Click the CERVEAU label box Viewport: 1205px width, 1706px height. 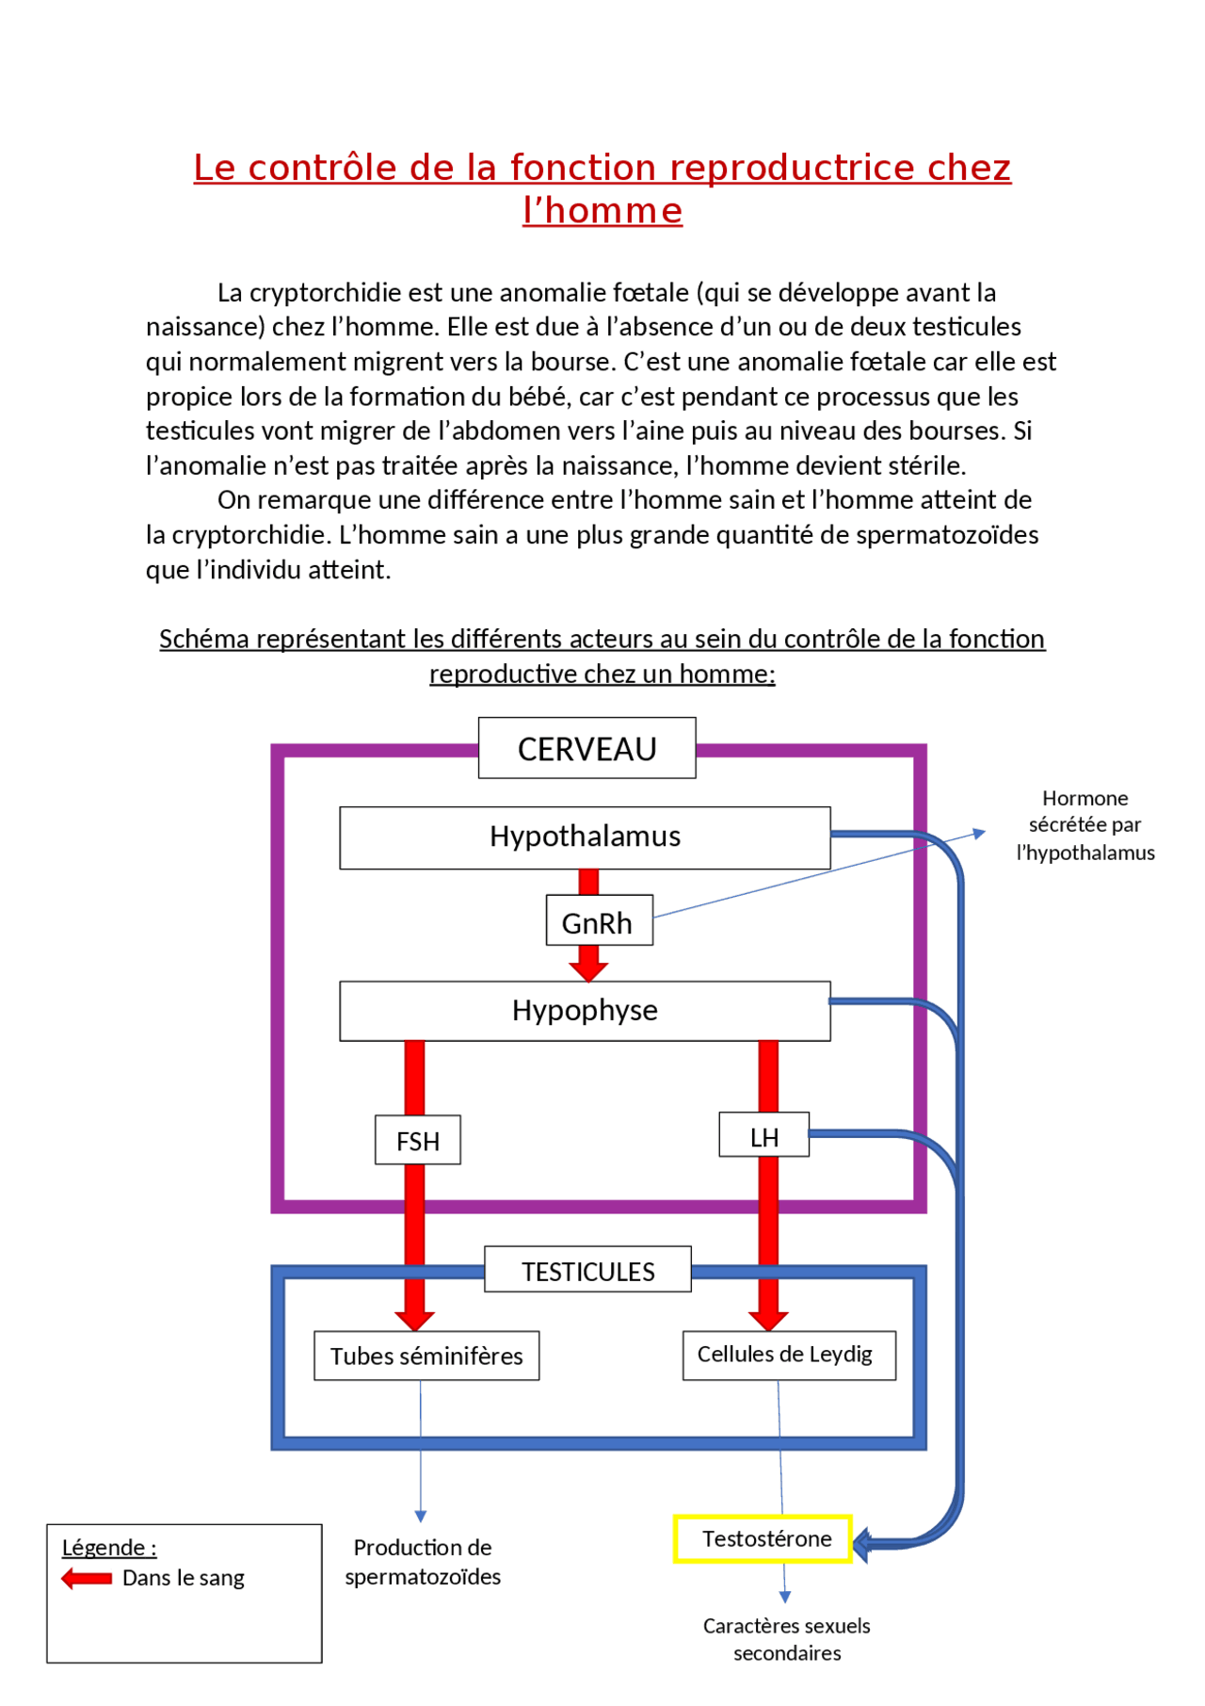coord(586,749)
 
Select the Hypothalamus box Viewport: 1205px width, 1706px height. coord(585,837)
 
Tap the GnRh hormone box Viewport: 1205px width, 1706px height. coord(598,922)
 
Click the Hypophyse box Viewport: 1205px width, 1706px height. coord(585,1011)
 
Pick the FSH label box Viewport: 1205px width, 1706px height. coord(418,1141)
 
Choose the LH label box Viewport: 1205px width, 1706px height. coord(763,1137)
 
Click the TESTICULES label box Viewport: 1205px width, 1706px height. coord(588,1271)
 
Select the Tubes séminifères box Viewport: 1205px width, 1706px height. coord(426,1356)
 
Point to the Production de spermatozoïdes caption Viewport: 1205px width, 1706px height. coord(423,1561)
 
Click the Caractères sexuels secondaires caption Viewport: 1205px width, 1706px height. coord(787,1639)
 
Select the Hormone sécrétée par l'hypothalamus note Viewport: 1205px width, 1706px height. coord(1084,825)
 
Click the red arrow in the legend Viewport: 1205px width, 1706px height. coord(87,1578)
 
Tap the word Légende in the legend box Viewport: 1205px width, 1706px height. coord(104,1547)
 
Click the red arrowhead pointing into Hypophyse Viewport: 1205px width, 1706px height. coord(588,970)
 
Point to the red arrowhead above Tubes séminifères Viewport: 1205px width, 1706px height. coord(414,1319)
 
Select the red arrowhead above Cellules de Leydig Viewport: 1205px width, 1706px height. coord(768,1319)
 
